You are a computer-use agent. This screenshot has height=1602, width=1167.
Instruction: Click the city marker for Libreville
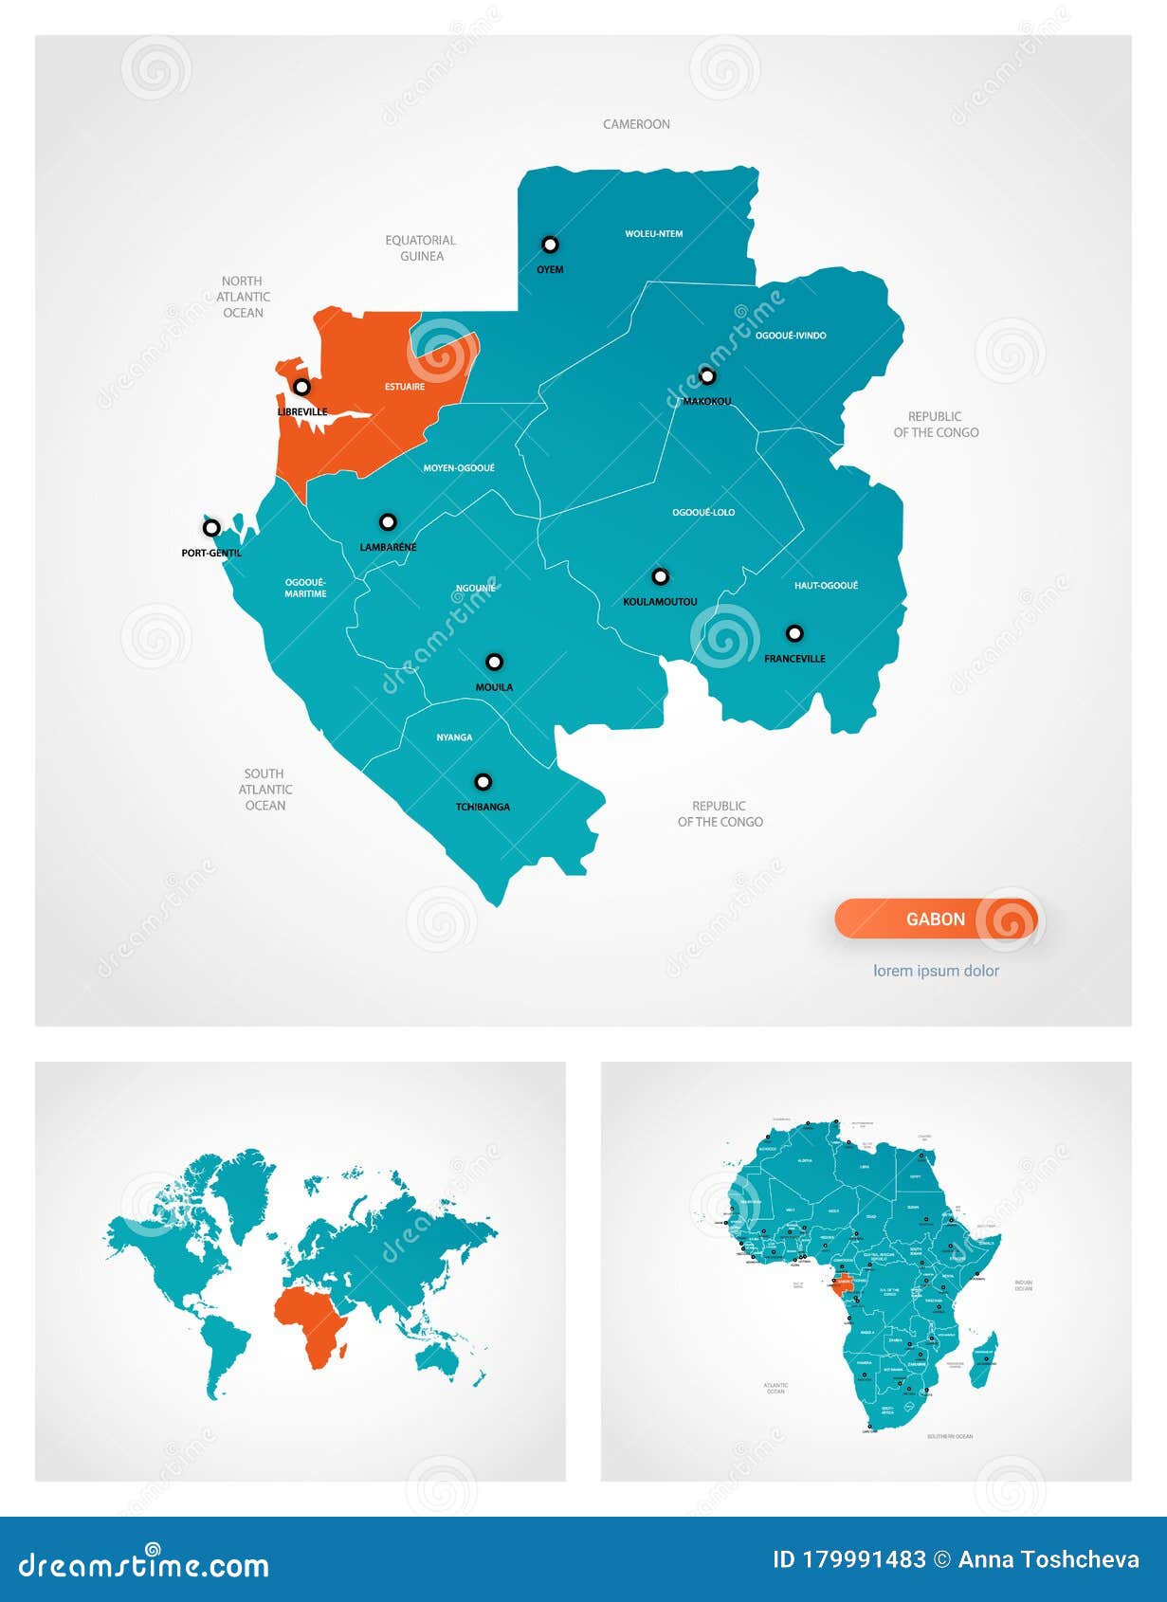point(301,387)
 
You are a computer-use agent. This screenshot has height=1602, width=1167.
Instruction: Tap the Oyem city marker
point(550,245)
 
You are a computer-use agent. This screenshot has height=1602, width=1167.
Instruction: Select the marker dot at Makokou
point(707,376)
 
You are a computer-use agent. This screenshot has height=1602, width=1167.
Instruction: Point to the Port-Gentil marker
point(211,528)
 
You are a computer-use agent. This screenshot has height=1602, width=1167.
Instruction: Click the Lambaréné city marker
point(388,522)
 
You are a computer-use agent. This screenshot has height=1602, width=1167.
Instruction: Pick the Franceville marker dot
point(794,633)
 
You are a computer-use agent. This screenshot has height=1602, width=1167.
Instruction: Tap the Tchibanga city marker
point(483,782)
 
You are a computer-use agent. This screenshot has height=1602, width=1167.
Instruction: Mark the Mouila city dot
point(494,662)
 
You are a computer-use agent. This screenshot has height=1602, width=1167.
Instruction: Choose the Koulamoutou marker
point(661,576)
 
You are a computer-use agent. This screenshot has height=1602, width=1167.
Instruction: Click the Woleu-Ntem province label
point(654,233)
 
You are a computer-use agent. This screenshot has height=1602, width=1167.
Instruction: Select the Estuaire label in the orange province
point(405,387)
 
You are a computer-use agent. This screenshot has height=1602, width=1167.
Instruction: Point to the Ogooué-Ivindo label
point(791,336)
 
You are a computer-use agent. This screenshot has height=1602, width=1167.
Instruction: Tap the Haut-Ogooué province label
point(826,586)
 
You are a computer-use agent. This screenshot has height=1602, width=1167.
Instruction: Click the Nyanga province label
point(454,737)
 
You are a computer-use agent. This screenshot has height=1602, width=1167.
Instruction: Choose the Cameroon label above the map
point(636,124)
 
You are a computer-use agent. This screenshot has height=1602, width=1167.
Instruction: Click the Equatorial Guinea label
point(421,248)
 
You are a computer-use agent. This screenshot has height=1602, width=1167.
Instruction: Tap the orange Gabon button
point(936,919)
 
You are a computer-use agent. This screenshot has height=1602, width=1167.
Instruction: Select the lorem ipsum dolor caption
point(936,971)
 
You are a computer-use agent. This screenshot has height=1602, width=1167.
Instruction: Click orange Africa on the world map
point(313,1322)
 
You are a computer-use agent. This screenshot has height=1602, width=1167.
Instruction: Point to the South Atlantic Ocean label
point(265,790)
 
